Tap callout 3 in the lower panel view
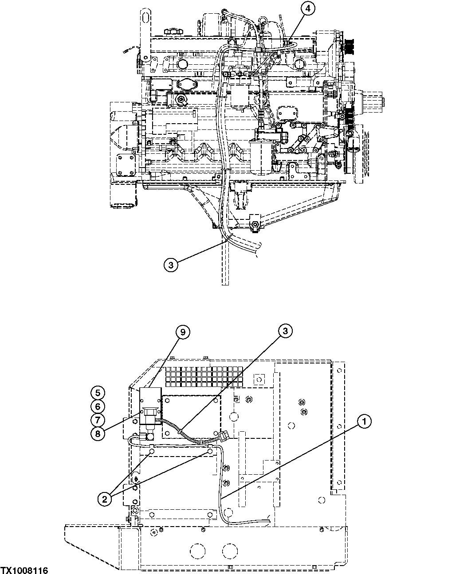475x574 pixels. click(286, 331)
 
